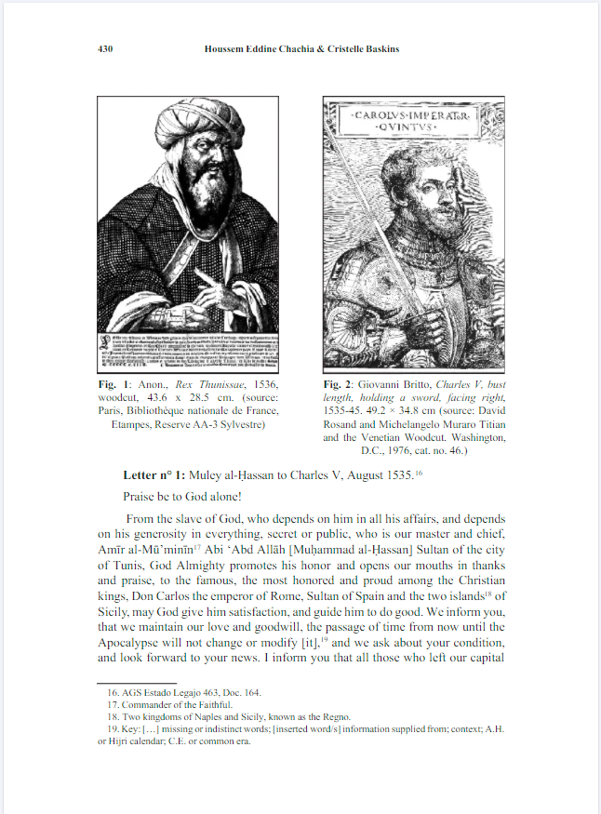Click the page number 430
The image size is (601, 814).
pos(105,48)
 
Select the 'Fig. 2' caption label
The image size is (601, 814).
pos(341,384)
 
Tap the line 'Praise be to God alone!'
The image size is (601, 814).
pos(182,498)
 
